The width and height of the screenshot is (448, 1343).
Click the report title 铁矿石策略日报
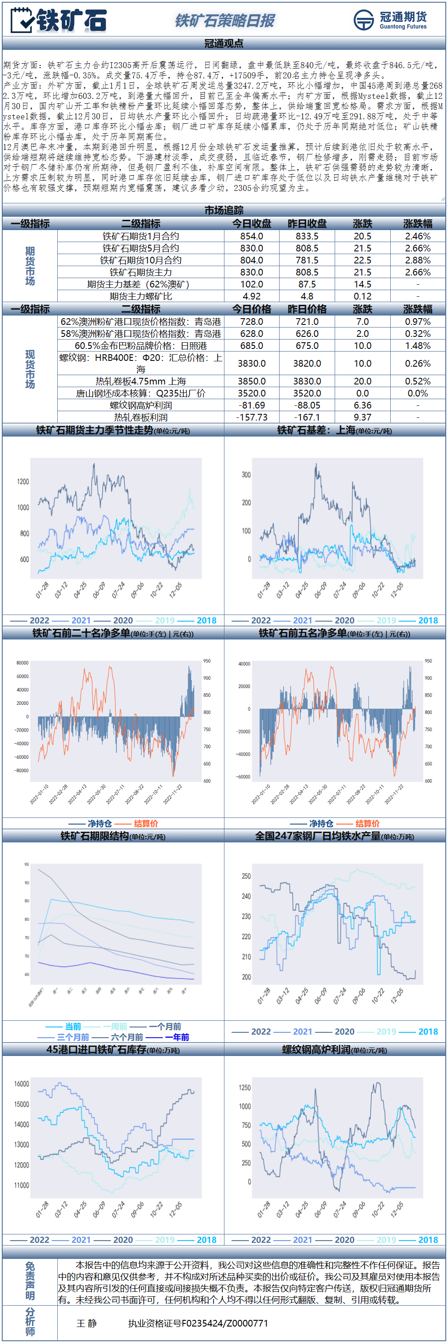(x=224, y=21)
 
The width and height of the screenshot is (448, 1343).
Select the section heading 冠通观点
(x=224, y=43)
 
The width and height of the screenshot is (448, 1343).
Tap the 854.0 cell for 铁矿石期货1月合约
(x=252, y=236)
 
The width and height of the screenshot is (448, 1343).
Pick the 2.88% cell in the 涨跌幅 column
(x=418, y=260)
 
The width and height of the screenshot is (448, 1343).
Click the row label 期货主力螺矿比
(x=140, y=296)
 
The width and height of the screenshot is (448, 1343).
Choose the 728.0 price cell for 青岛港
(x=252, y=322)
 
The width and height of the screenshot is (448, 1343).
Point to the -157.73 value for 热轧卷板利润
(x=252, y=417)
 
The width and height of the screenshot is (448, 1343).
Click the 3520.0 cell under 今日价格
(x=252, y=393)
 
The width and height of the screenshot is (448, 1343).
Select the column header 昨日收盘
(x=307, y=224)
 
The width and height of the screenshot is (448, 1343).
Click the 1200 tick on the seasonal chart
(x=23, y=481)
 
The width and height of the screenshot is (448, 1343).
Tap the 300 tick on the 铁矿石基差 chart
(x=246, y=474)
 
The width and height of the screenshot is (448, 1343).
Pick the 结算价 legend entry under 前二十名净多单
(x=146, y=823)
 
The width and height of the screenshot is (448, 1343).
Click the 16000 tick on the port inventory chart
(x=22, y=1084)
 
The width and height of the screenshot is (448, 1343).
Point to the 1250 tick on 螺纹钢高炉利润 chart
(x=244, y=1088)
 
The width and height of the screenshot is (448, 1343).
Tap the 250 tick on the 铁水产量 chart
(x=246, y=876)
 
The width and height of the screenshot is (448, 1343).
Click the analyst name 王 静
(x=87, y=1323)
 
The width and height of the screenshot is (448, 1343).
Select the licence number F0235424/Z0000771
(x=198, y=1323)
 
